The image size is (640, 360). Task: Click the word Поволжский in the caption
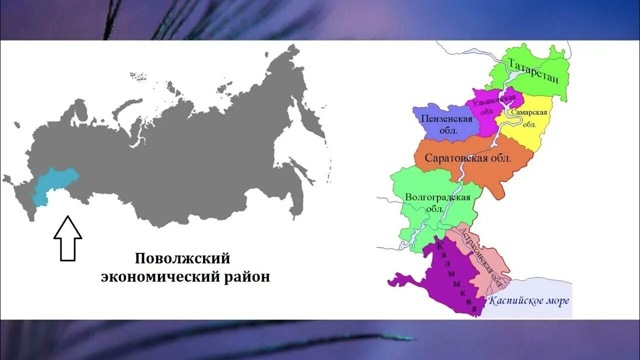point(182,258)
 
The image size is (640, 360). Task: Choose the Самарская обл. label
point(529,118)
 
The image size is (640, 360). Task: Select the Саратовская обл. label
point(468,158)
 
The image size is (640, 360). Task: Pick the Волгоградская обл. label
point(437,202)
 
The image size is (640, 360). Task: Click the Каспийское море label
point(528,301)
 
